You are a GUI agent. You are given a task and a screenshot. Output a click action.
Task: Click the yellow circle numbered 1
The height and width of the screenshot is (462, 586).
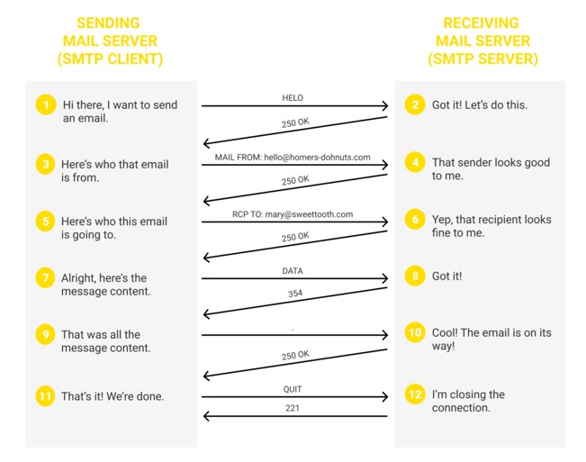point(46,104)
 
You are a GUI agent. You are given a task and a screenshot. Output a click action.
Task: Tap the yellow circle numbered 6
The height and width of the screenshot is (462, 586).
point(415,219)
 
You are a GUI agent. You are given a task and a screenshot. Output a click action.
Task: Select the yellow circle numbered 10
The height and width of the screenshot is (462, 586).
point(415,332)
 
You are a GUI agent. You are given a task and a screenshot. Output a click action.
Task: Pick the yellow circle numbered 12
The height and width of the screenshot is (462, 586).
point(415,394)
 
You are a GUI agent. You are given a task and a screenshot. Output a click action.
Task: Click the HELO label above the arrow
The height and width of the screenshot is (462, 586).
point(293,98)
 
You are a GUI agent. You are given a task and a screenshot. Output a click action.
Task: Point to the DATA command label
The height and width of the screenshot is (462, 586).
point(293,271)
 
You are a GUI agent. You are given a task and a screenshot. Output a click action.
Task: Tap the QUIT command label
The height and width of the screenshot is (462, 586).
point(293,389)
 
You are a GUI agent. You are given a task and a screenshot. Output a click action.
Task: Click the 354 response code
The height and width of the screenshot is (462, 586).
point(295,294)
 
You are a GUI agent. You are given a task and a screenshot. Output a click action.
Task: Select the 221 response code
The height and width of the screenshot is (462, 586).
point(293,408)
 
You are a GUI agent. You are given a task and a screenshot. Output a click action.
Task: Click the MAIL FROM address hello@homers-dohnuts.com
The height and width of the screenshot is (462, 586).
point(317,158)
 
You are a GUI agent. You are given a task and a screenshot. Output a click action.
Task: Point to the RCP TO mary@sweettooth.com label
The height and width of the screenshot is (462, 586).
point(293,214)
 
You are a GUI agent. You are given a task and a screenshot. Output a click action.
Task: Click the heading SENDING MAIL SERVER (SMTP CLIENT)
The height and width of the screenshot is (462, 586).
point(110,41)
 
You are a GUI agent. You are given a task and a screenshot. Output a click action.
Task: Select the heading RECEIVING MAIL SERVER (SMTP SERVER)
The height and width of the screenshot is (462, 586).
point(482,41)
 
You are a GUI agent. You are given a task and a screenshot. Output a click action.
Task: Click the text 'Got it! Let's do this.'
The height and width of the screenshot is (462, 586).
point(480,105)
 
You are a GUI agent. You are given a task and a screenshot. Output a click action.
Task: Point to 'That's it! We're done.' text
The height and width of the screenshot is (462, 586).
point(113,396)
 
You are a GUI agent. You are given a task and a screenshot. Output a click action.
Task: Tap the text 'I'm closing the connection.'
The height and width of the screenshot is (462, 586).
point(468,401)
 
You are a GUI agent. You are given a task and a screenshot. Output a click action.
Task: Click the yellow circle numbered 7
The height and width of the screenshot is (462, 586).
point(46,277)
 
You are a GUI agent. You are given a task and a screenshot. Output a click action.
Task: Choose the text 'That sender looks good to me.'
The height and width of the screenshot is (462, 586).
point(491,169)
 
